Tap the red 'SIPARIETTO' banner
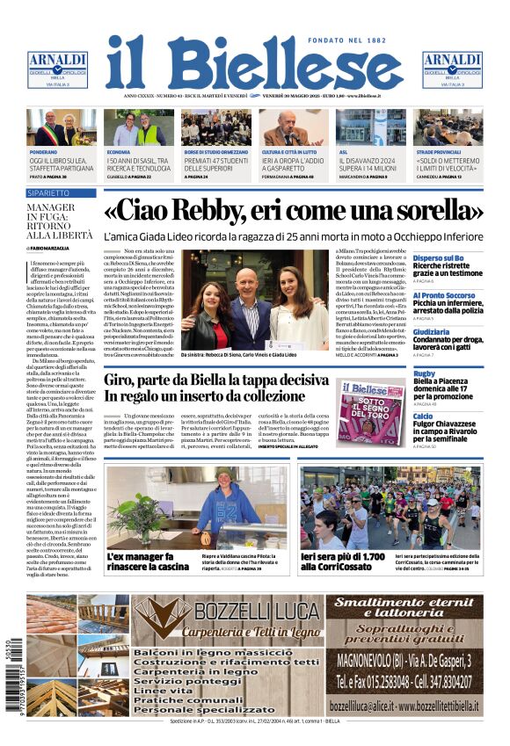tap(49, 192)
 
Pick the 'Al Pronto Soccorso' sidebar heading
tap(443, 295)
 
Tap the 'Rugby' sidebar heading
tap(424, 373)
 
